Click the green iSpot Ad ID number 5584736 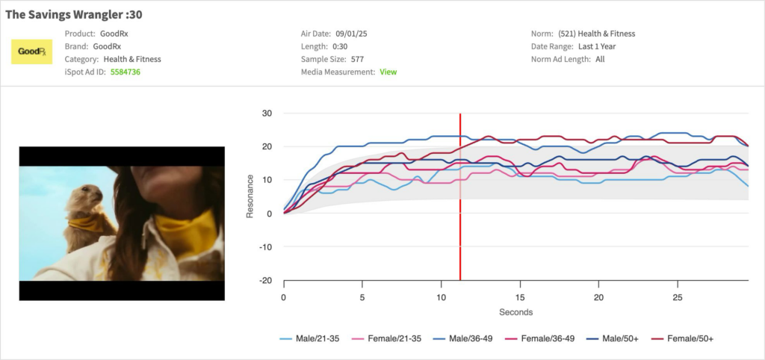(x=126, y=72)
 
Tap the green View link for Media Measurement (x=388, y=72)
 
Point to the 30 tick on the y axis (x=267, y=114)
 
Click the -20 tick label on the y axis (x=265, y=281)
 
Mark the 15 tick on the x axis (x=519, y=297)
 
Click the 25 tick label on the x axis (x=677, y=297)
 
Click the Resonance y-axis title (x=250, y=197)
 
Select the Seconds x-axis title (x=515, y=312)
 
